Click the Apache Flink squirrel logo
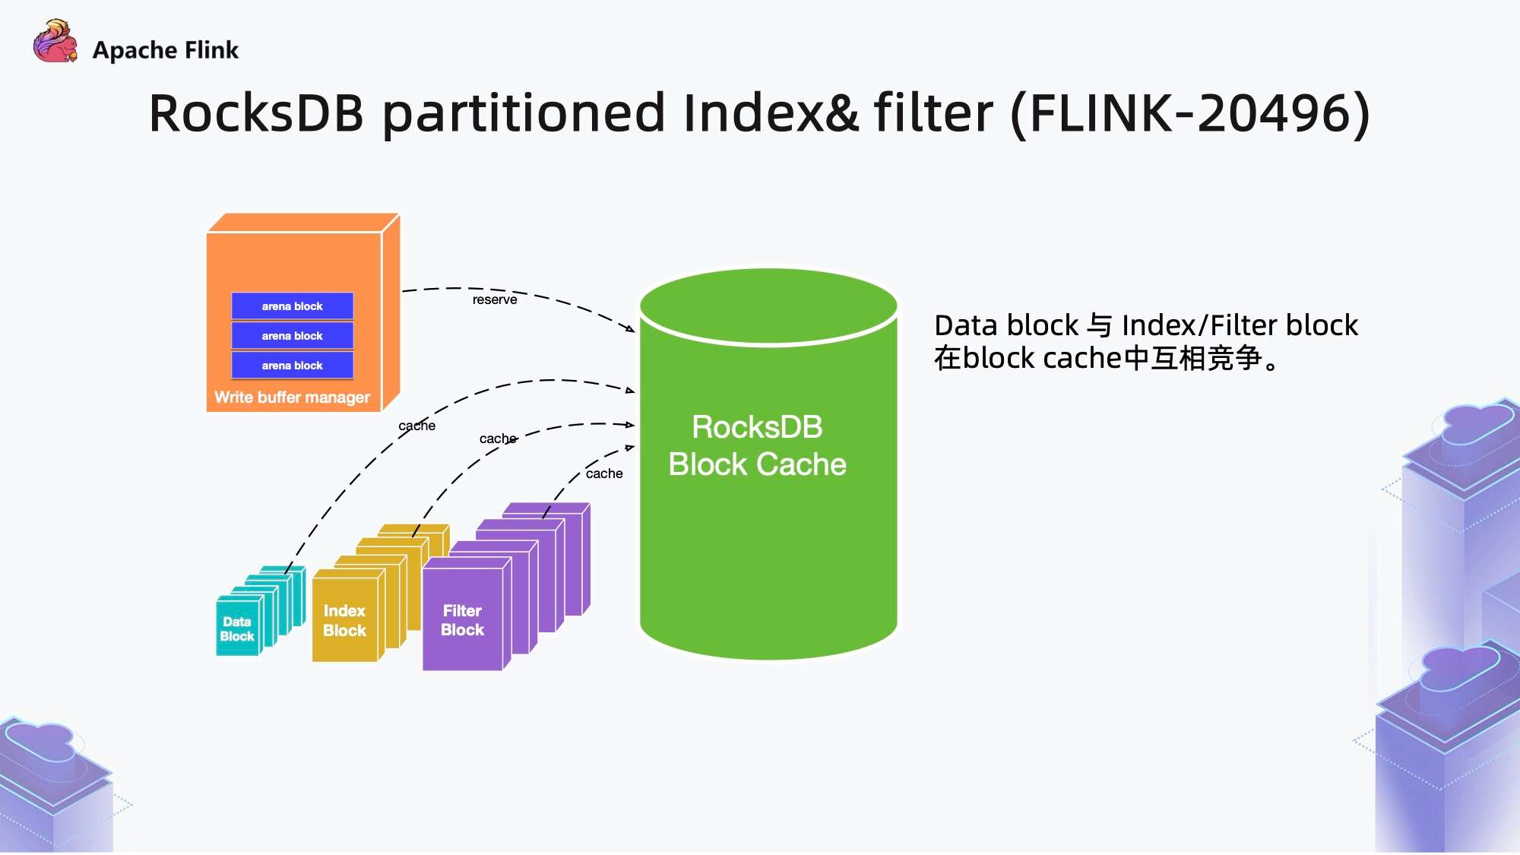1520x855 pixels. [55, 43]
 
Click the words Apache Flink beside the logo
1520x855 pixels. [165, 50]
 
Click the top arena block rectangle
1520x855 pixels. [293, 306]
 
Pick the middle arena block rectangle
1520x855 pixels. [293, 336]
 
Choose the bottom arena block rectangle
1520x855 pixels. [293, 366]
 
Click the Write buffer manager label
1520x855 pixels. [292, 397]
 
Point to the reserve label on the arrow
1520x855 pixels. [495, 300]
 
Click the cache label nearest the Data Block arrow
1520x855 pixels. [417, 426]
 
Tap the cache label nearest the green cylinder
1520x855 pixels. [604, 473]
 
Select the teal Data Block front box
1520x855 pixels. [237, 629]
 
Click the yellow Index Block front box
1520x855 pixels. [344, 620]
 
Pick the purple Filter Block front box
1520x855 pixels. [462, 620]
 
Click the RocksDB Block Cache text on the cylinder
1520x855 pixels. [757, 446]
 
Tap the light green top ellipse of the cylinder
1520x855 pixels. [768, 304]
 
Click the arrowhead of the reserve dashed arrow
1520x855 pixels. [631, 328]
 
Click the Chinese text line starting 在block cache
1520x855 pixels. [1106, 358]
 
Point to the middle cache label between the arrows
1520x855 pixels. [499, 439]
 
